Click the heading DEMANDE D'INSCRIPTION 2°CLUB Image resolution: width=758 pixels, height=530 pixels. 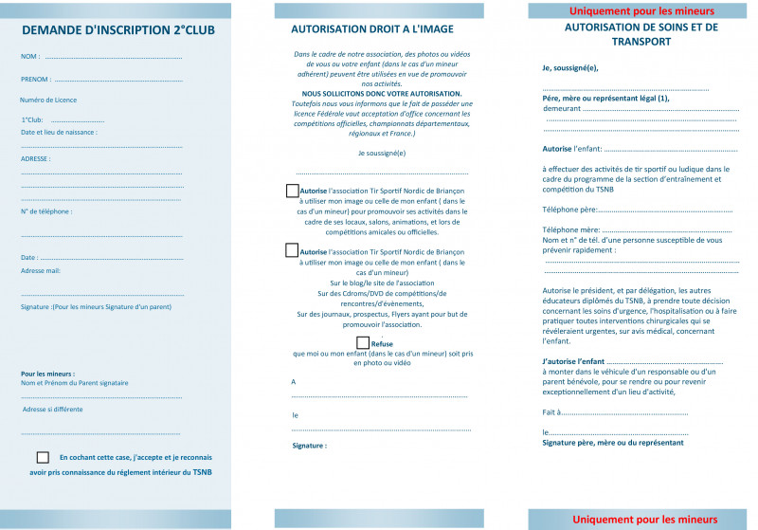117,30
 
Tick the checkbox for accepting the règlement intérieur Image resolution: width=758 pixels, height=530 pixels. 43,457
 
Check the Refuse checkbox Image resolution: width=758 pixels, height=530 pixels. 363,342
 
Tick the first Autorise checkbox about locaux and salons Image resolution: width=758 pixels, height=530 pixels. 292,191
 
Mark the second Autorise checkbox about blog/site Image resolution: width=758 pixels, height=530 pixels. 292,251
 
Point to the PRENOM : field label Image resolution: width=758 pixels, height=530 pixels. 36,80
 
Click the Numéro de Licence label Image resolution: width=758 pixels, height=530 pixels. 48,100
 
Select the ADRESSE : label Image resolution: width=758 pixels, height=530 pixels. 36,158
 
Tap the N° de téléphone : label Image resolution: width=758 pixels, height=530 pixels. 46,211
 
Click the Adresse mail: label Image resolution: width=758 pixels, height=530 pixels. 41,270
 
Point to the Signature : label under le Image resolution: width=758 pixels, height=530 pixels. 310,445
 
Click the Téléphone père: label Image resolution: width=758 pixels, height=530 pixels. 569,209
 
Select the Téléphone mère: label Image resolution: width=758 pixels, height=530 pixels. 571,229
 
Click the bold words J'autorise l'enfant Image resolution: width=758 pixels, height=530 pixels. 573,363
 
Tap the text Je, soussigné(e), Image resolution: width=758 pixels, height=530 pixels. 570,67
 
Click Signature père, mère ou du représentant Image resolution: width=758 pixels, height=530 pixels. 612,443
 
